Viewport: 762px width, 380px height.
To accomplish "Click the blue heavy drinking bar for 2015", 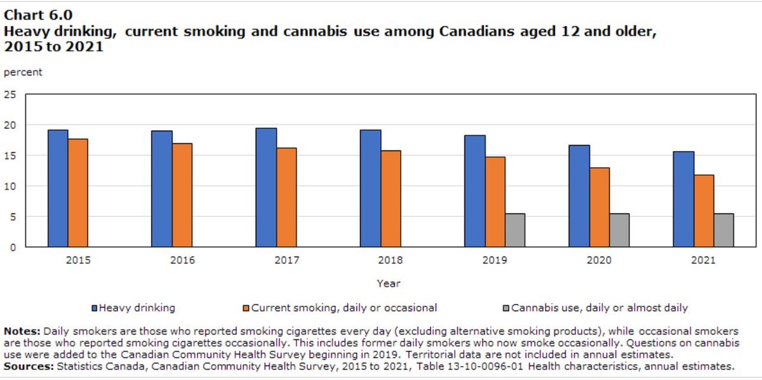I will pos(58,188).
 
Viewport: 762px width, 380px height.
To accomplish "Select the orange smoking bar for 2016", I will pos(182,195).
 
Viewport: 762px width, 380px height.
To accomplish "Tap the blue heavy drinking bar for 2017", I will pos(266,187).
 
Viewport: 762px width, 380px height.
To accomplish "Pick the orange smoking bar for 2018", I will pos(391,199).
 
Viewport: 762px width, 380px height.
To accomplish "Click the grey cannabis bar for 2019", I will pos(515,230).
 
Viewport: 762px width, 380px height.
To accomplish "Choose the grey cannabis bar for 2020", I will pos(619,230).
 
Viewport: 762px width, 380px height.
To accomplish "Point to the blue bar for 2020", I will pos(579,196).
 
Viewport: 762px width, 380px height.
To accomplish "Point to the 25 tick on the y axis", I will pos(10,95).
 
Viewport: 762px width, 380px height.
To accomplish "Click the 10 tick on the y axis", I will pos(10,186).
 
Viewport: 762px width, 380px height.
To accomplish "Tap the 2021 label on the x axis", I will pos(703,260).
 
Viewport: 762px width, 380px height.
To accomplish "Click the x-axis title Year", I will pos(388,284).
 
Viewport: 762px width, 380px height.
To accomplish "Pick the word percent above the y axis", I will pos(23,72).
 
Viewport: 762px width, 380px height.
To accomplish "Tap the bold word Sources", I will pos(28,366).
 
